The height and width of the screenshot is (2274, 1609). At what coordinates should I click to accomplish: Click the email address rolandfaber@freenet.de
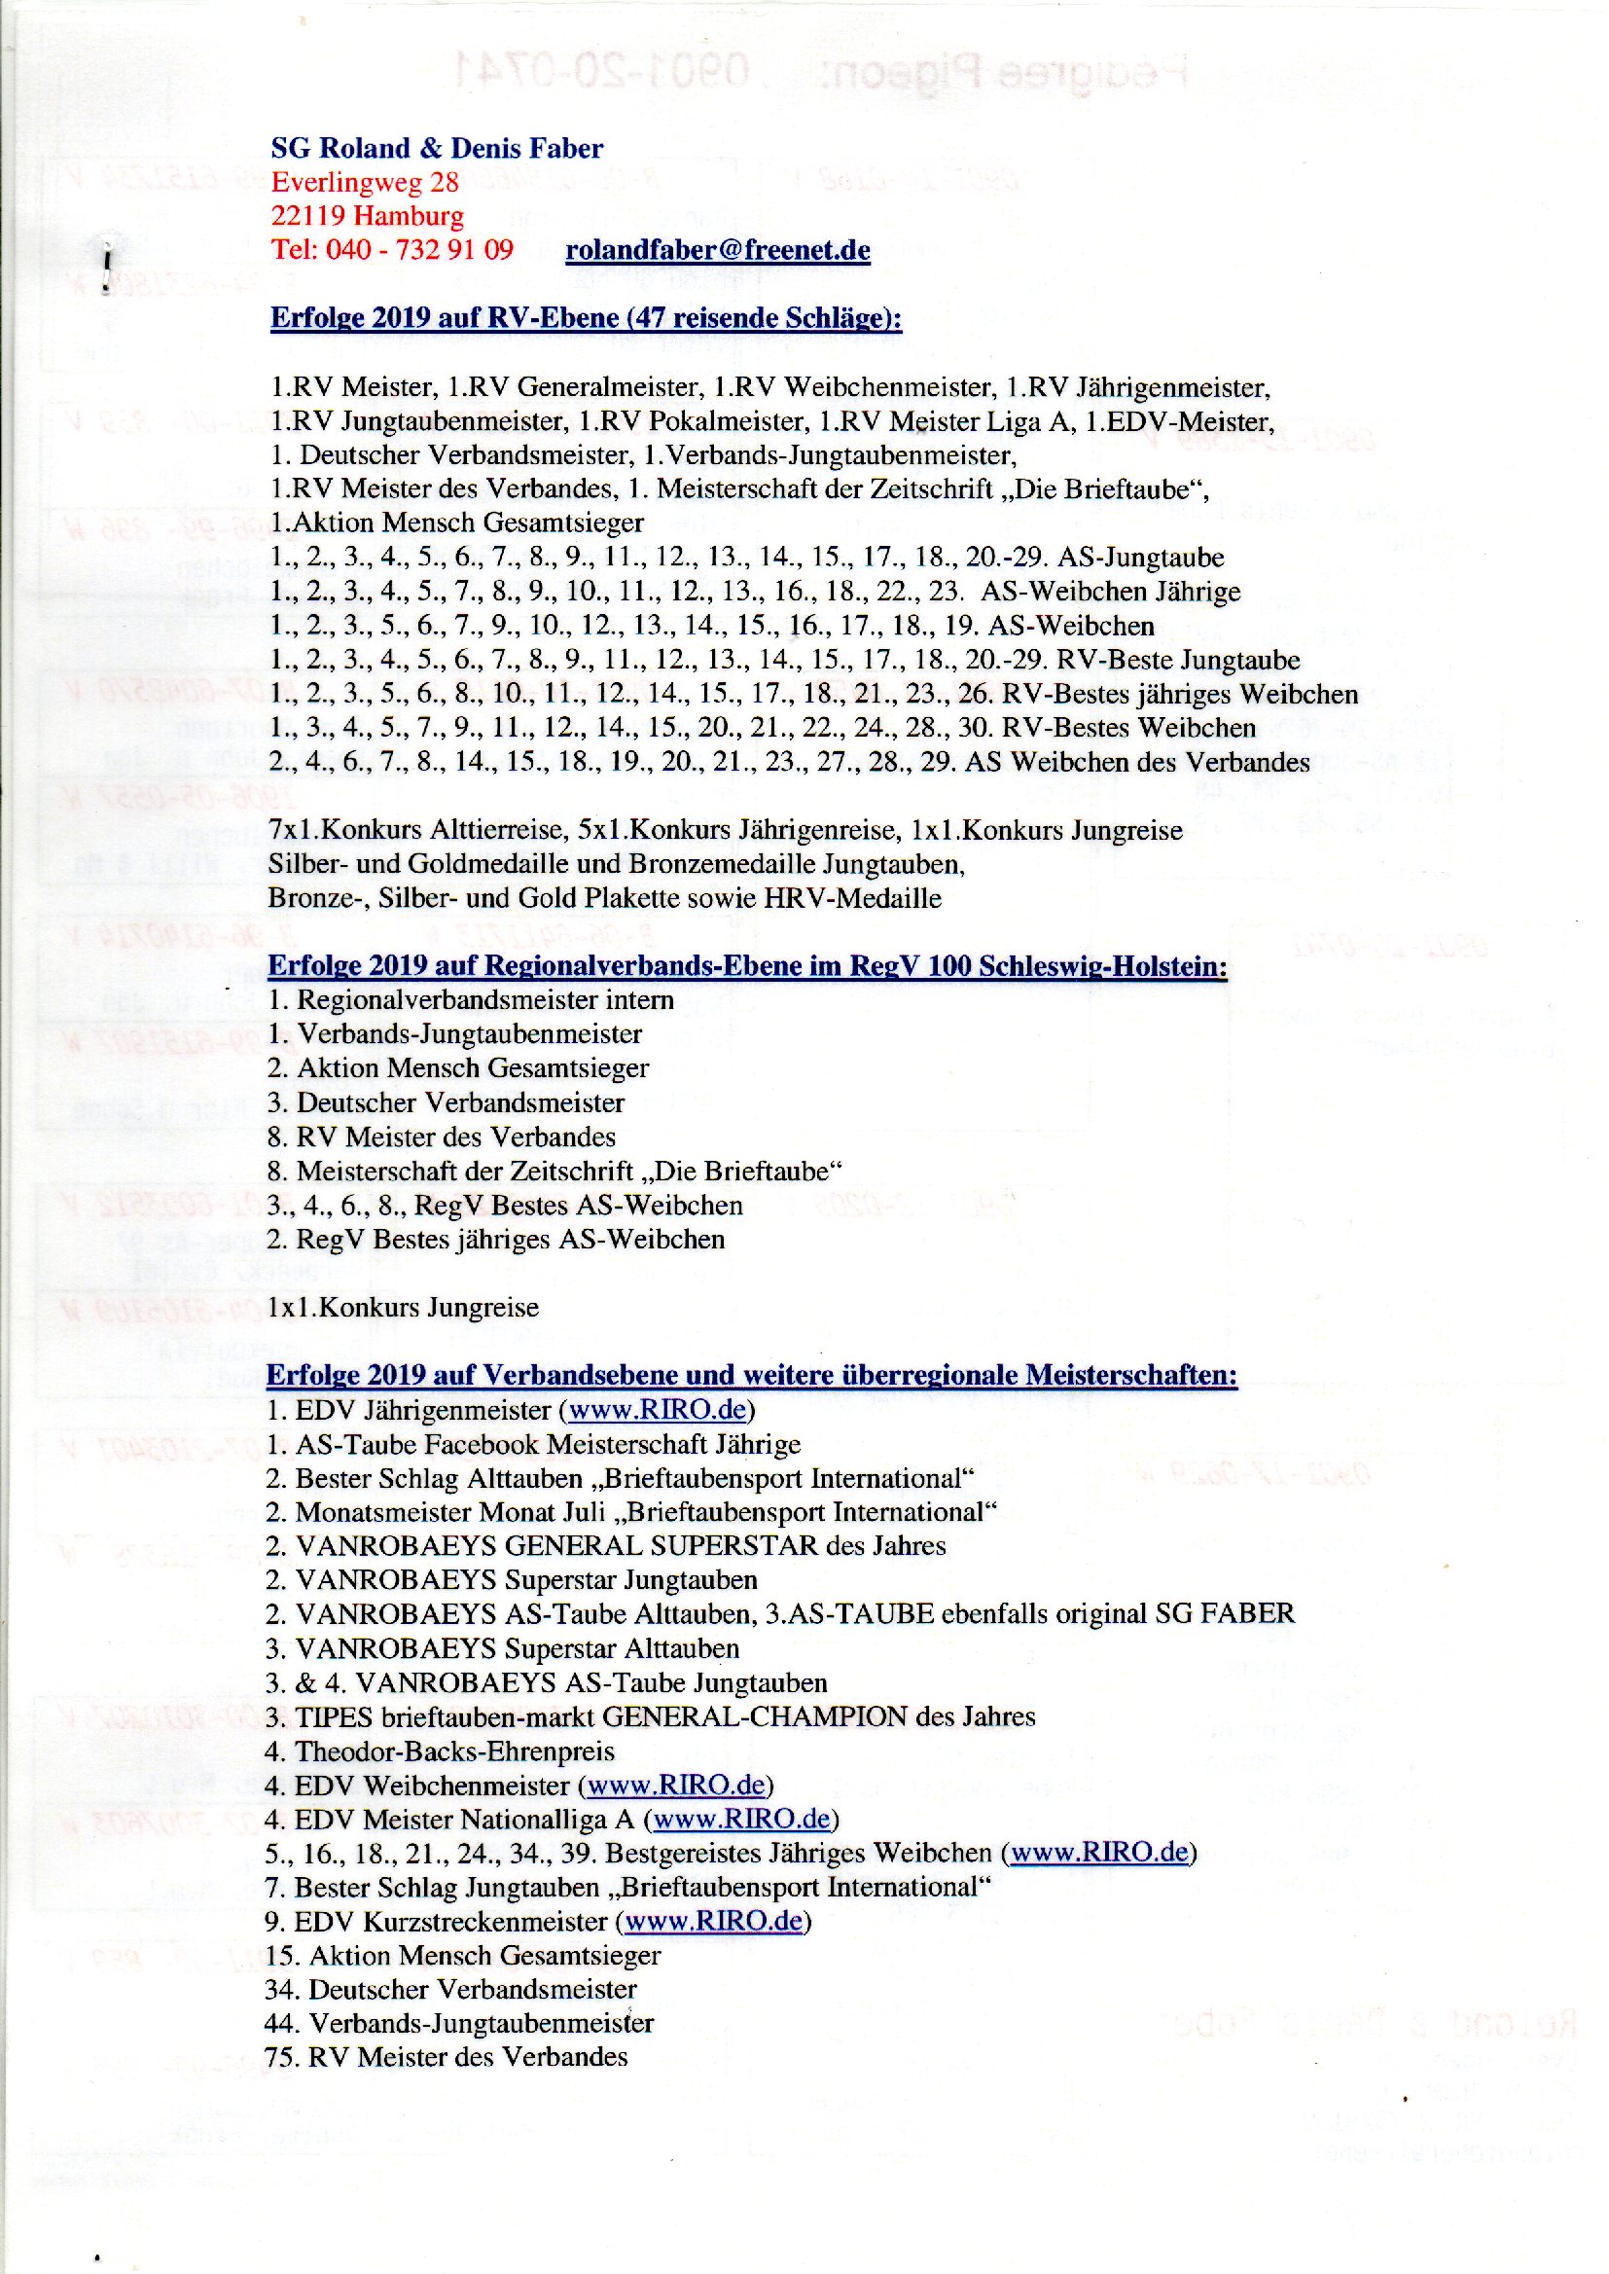(717, 250)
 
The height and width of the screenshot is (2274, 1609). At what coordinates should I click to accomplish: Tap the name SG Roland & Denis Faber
(437, 149)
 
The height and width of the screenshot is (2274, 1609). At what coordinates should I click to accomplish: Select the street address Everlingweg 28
(365, 182)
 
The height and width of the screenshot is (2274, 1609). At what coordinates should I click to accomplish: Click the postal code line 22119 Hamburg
(367, 216)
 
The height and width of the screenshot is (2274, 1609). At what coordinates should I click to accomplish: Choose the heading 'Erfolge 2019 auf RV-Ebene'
(586, 318)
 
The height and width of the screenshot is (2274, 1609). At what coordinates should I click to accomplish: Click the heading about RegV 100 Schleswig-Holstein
(747, 966)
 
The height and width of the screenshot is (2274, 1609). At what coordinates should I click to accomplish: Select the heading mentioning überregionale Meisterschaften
(751, 1375)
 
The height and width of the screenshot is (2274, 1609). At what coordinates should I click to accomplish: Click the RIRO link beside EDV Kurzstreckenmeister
(712, 1921)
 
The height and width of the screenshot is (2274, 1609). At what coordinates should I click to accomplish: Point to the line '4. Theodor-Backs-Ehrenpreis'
(440, 1751)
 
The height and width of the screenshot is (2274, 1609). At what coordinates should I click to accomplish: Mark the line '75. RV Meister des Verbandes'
(446, 2057)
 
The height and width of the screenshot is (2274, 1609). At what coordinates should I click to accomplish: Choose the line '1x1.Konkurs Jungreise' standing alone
(404, 1307)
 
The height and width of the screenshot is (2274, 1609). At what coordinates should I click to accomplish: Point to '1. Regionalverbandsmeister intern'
(471, 999)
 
